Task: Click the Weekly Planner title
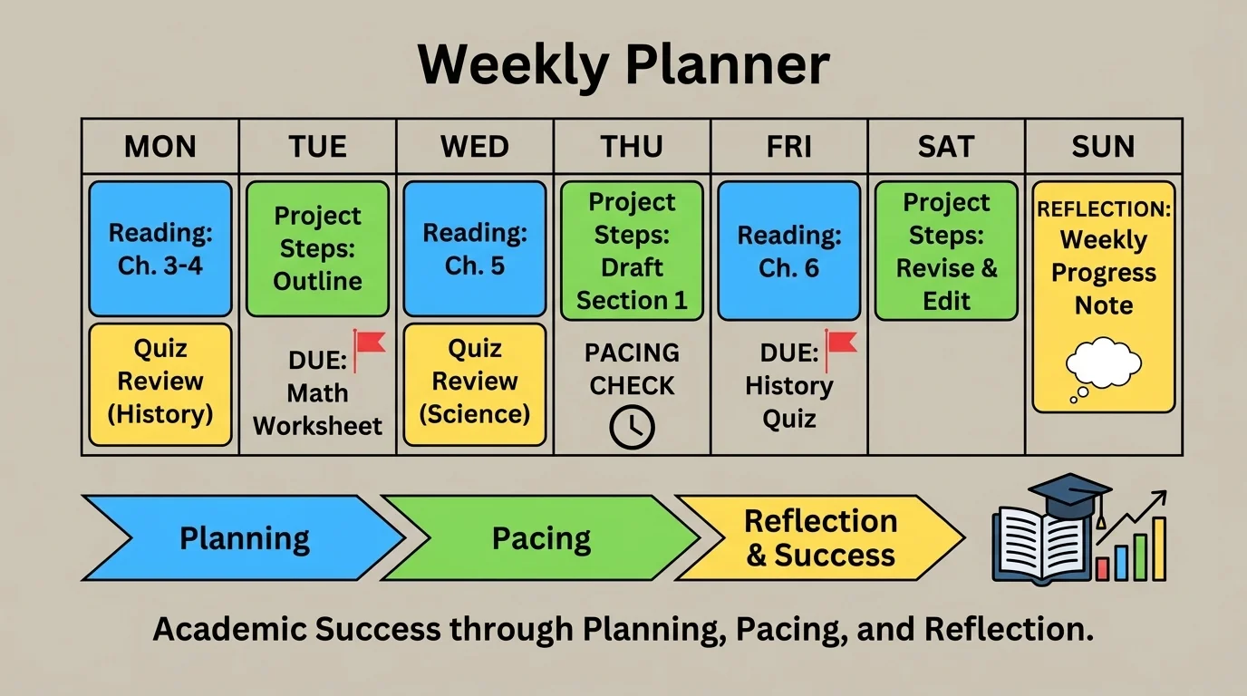click(623, 65)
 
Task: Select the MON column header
click(160, 147)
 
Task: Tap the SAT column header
click(946, 147)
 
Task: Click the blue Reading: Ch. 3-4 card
click(160, 249)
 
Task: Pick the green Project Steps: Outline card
click(317, 248)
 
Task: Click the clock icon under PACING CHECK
click(632, 428)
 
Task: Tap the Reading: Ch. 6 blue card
click(788, 251)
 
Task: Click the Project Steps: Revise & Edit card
click(946, 251)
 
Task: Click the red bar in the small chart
click(1103, 568)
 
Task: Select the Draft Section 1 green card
click(632, 251)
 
